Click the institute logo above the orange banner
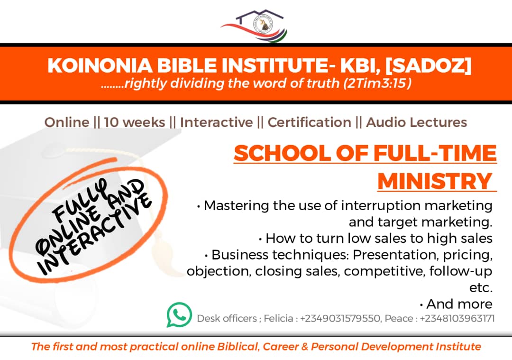(254, 26)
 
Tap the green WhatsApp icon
(179, 314)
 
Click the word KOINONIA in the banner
(100, 65)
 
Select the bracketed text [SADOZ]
(429, 65)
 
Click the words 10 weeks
(135, 122)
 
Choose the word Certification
(309, 122)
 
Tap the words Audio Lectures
(417, 122)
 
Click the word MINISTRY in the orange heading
(435, 181)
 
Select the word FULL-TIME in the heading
(435, 153)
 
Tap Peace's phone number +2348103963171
(457, 318)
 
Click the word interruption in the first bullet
(380, 206)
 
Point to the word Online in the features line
(67, 122)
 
